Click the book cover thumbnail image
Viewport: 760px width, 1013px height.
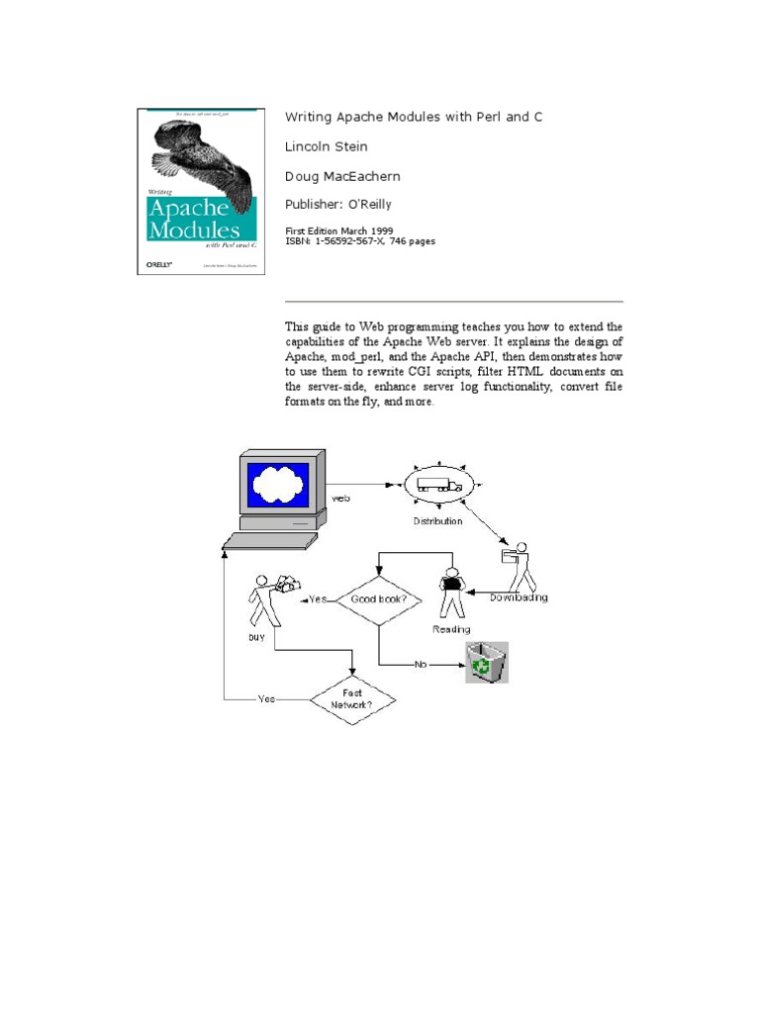click(196, 191)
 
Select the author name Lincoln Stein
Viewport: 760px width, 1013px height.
click(326, 146)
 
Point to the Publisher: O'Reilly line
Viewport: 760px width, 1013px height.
click(337, 205)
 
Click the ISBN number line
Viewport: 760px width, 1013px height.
click(359, 240)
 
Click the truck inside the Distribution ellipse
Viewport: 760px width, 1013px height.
click(437, 484)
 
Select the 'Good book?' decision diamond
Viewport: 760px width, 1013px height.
click(379, 599)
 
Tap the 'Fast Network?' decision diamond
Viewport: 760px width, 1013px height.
click(352, 699)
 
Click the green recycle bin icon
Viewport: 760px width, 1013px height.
click(487, 662)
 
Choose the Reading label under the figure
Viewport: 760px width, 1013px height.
click(451, 629)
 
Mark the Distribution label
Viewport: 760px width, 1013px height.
click(437, 520)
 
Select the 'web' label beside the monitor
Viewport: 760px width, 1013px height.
click(340, 499)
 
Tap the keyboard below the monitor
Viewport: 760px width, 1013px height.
click(269, 540)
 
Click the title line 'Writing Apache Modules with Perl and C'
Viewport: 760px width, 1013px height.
click(414, 117)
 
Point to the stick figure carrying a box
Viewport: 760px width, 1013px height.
click(519, 564)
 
